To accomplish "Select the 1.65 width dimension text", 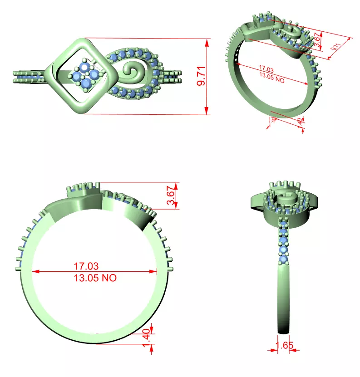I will coord(285,345).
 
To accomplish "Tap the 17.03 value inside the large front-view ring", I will coord(86,265).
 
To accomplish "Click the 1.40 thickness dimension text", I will coord(146,338).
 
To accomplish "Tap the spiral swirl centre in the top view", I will coord(134,72).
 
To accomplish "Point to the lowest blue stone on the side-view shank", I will coord(285,259).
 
